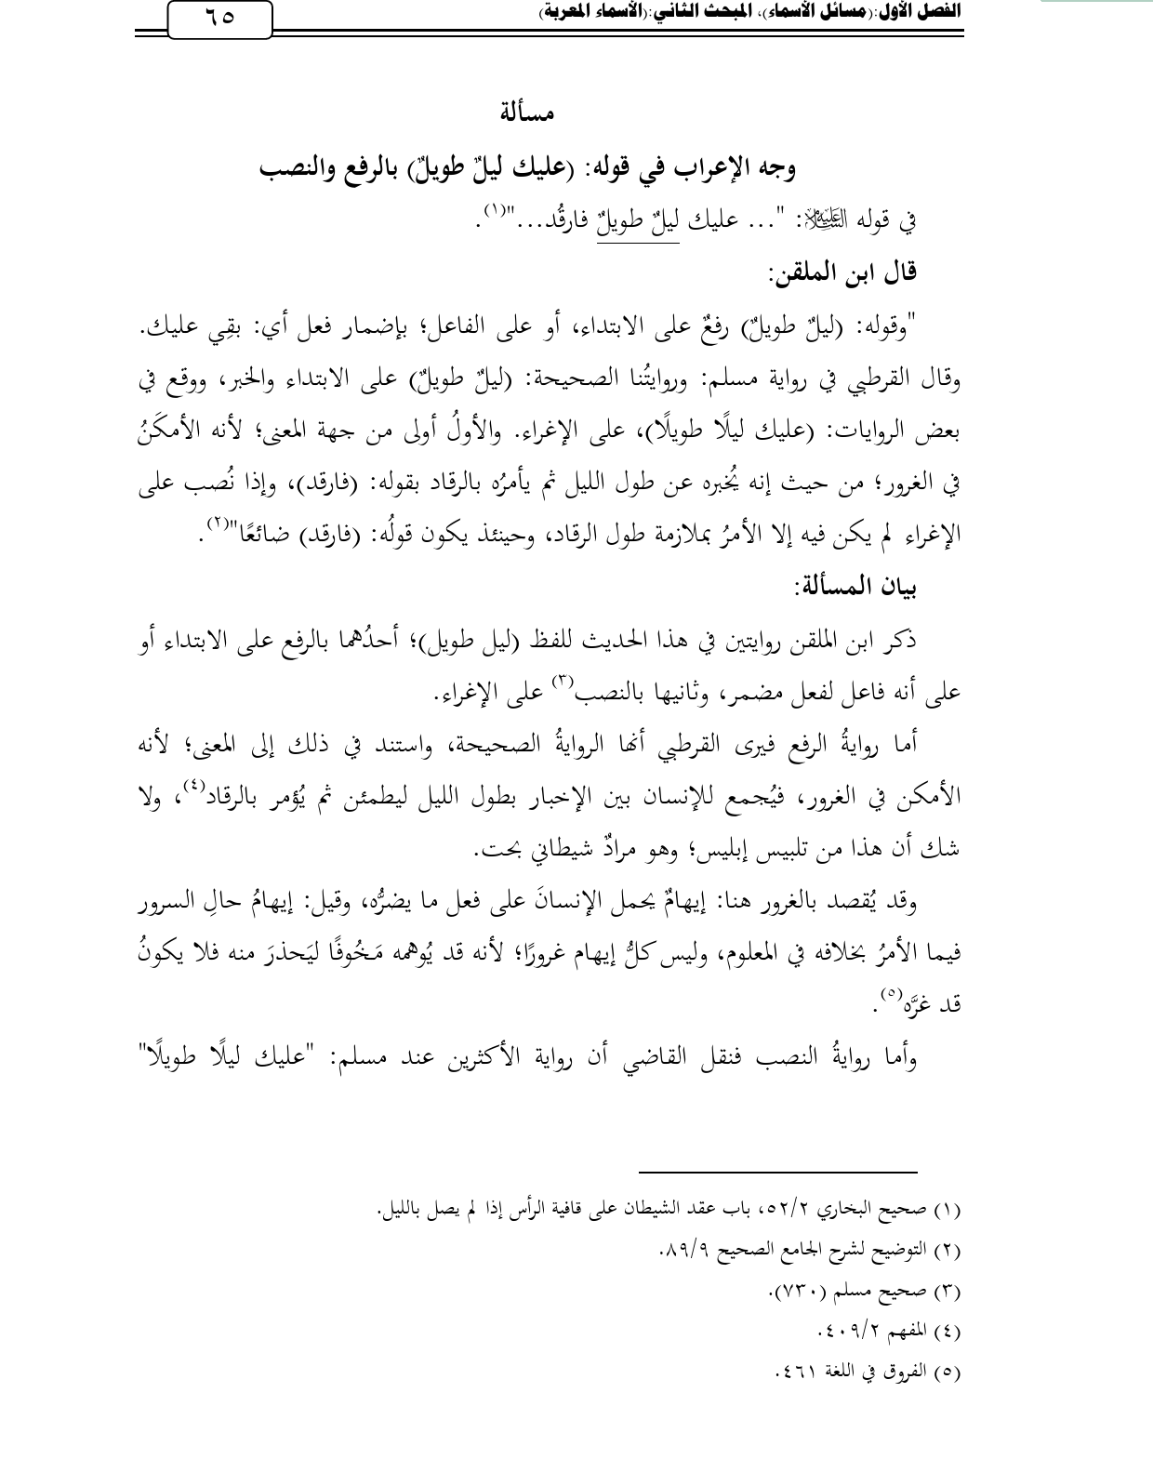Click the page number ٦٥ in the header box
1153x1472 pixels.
(x=219, y=19)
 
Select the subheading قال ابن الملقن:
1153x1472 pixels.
(x=842, y=272)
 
